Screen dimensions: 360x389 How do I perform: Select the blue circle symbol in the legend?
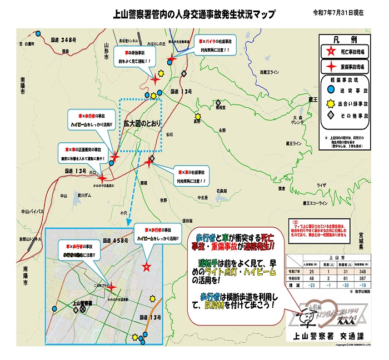tap(331, 88)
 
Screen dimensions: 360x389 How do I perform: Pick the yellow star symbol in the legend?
tap(331, 102)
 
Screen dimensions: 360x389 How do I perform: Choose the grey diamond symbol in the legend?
tap(331, 115)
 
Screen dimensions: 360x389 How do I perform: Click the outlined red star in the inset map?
tap(146, 267)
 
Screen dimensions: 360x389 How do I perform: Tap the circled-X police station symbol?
tap(83, 308)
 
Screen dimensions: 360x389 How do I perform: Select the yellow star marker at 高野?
tap(196, 114)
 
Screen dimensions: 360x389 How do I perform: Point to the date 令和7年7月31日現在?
tap(338, 12)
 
